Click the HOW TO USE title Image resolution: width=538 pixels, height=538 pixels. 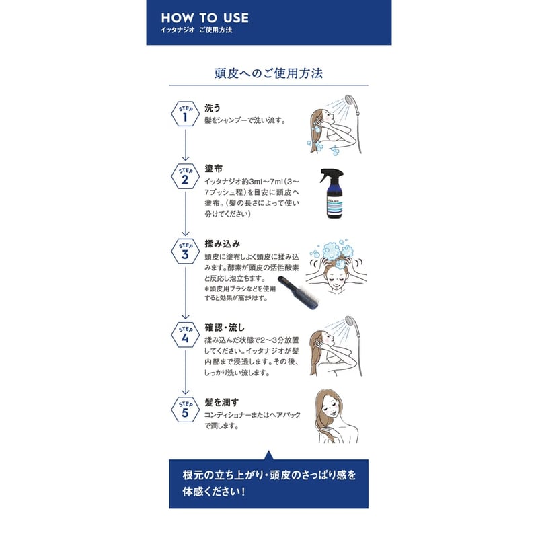coord(204,17)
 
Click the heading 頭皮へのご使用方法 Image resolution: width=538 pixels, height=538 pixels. coord(268,73)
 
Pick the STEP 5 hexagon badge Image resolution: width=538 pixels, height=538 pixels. coord(185,410)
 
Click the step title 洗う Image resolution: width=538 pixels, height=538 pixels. coord(213,108)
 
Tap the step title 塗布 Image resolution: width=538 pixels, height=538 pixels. coord(213,169)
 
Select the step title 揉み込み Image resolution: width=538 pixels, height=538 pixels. coord(222,243)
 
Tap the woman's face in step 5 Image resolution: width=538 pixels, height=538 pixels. coord(332,407)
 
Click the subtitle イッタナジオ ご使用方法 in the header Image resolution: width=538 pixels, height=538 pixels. coord(196,31)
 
